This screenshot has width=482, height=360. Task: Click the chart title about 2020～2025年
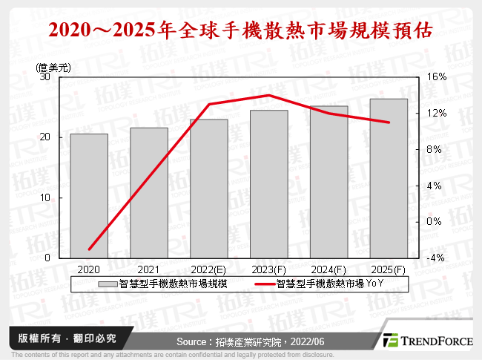(240, 30)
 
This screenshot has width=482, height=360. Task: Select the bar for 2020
(89, 196)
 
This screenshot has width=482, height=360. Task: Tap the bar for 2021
(149, 193)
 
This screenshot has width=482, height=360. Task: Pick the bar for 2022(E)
(209, 189)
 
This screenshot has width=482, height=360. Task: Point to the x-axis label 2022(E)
(209, 269)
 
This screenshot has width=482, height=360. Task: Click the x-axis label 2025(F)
(389, 269)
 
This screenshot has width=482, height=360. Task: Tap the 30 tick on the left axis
(45, 77)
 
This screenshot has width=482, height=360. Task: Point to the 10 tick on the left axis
(45, 197)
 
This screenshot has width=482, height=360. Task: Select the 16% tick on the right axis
(437, 77)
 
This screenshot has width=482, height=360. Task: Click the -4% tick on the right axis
(437, 258)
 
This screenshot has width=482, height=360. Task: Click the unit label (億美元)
(53, 66)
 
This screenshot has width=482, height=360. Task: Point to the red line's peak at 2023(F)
(268, 95)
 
